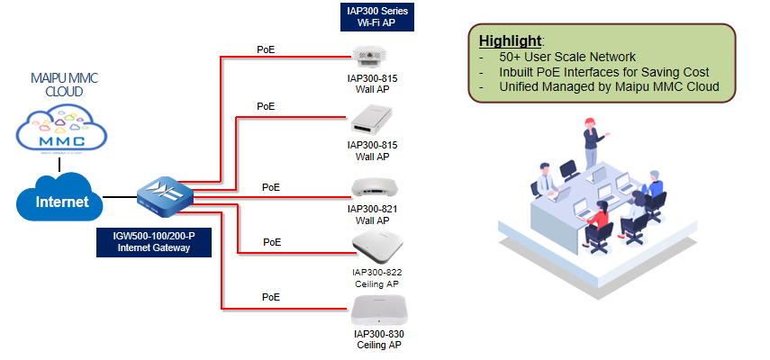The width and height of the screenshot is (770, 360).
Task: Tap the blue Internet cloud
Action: [59, 197]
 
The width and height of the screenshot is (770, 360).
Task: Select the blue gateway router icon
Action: [166, 195]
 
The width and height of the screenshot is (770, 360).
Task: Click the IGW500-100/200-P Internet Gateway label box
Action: [154, 242]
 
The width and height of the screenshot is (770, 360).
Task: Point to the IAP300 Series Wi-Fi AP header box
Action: [377, 17]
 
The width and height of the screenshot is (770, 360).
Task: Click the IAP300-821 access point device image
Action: [375, 189]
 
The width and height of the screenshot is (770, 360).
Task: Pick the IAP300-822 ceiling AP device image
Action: [377, 244]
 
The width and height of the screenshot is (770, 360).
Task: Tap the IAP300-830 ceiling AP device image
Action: [379, 310]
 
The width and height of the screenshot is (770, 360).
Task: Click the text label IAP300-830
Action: [378, 335]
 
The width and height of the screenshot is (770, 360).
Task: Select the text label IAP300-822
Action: [377, 273]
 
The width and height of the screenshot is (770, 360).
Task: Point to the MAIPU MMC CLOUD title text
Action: [64, 85]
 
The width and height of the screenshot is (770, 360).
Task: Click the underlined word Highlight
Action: [511, 40]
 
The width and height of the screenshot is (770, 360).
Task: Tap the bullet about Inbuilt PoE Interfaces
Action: [604, 72]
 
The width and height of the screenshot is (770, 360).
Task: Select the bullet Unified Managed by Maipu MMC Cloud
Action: [609, 86]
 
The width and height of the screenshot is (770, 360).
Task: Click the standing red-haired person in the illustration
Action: [593, 142]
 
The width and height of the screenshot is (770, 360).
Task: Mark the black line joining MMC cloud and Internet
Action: [59, 165]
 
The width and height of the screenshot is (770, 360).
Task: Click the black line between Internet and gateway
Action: [121, 197]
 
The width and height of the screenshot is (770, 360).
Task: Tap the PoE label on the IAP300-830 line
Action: [271, 297]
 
